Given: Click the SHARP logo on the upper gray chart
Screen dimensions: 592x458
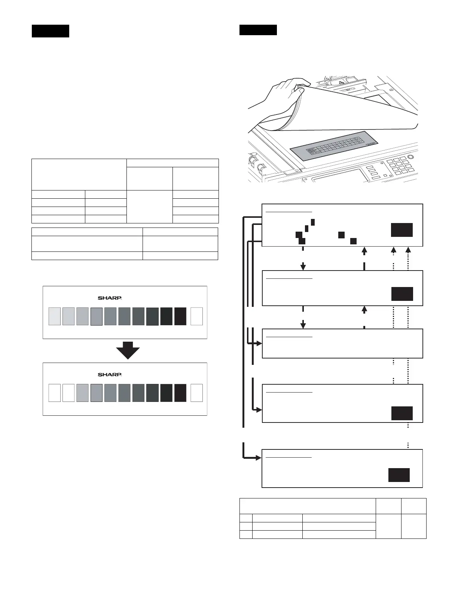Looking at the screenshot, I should [x=110, y=298].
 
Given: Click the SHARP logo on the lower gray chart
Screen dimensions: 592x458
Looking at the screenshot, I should [x=110, y=374].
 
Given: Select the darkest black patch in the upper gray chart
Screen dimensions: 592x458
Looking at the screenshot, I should [x=180, y=316].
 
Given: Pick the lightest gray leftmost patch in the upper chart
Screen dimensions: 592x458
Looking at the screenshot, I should [x=55, y=316].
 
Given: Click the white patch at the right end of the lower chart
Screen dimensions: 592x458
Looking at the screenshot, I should [x=197, y=393].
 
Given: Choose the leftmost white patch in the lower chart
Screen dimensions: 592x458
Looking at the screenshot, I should [x=55, y=393].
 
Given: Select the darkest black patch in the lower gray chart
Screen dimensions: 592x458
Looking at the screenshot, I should [x=180, y=393].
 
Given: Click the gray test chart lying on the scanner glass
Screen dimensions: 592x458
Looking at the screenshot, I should [x=334, y=147].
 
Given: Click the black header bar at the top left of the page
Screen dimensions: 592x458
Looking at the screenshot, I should [x=51, y=31].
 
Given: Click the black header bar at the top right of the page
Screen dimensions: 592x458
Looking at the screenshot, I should [x=258, y=30].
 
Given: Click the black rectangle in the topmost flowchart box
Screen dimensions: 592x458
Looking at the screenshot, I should [x=402, y=230].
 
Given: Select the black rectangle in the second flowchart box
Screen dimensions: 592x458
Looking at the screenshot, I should [x=402, y=294].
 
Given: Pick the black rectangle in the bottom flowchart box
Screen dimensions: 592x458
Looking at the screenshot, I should [x=399, y=475].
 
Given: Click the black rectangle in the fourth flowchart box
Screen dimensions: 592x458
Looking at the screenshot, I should [x=402, y=413].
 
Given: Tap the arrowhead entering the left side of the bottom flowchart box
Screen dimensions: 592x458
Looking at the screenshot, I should [x=258, y=458].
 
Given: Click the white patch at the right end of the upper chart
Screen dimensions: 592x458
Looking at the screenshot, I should [x=197, y=316].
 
